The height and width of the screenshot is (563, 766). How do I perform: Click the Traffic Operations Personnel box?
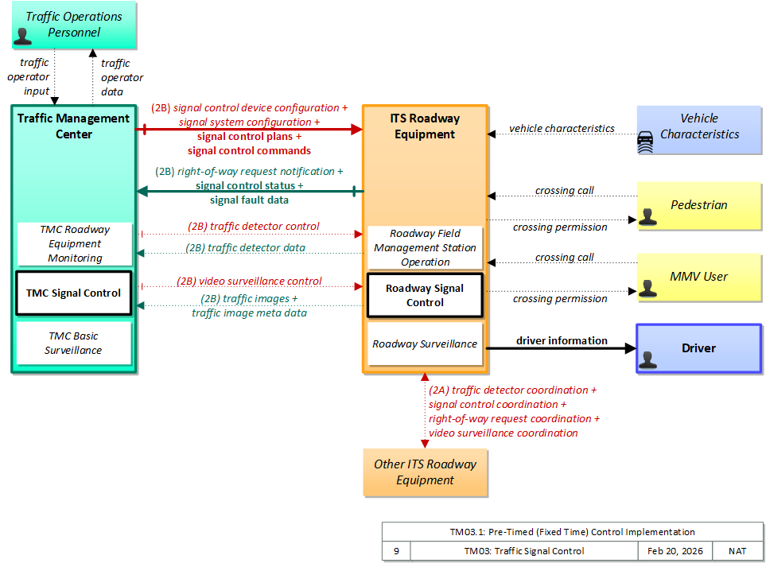coord(74,25)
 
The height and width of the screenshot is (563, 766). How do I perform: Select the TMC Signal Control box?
coord(74,293)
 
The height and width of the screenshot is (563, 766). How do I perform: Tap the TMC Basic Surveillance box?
coord(74,343)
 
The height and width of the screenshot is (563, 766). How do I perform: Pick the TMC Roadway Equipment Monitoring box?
coord(75,243)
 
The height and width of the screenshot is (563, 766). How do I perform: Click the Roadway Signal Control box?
coord(425,296)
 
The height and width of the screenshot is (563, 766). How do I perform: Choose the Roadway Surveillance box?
coord(425,344)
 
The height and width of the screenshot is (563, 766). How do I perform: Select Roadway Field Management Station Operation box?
coord(425,247)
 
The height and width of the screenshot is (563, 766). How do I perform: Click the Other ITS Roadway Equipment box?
coord(425,472)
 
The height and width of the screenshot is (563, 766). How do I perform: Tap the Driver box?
coord(699,348)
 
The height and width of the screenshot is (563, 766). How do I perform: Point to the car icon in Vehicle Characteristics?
coord(645,142)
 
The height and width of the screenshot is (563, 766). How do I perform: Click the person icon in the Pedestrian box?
coord(647,216)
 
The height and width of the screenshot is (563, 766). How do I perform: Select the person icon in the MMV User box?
coord(647,288)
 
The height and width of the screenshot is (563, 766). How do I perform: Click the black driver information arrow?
coord(562,348)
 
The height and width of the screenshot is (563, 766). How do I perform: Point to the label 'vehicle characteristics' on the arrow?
coord(562,128)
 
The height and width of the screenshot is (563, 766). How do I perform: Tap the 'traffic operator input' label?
coord(29,76)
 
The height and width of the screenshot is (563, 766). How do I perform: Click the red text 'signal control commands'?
coord(249,150)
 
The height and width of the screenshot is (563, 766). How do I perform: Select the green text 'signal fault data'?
coord(249,200)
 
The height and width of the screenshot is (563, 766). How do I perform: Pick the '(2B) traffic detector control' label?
coord(254,226)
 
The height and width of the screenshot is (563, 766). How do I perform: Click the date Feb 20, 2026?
coord(675,551)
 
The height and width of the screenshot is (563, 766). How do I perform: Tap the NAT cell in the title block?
coord(737,551)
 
